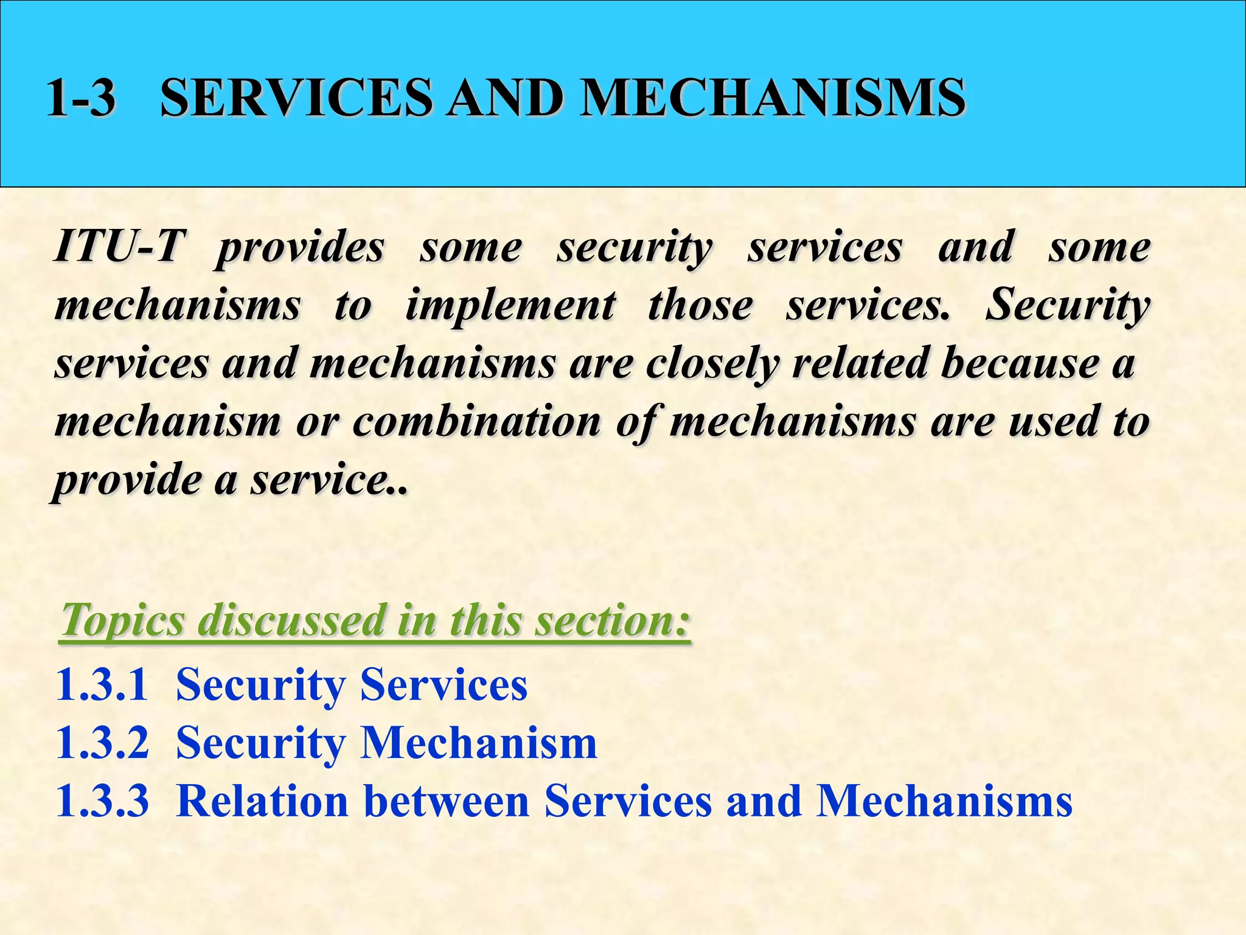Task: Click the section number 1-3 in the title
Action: pyautogui.click(x=81, y=97)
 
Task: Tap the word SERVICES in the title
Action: pyautogui.click(x=296, y=97)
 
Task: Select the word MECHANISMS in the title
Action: pyautogui.click(x=773, y=97)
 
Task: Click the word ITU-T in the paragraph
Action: pyautogui.click(x=118, y=247)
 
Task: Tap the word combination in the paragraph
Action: pyautogui.click(x=476, y=421)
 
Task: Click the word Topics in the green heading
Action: pyautogui.click(x=122, y=620)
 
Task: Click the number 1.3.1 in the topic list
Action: pyautogui.click(x=102, y=685)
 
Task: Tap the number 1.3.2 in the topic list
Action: pyautogui.click(x=102, y=743)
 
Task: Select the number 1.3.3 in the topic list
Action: pyautogui.click(x=102, y=801)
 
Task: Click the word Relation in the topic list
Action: pyautogui.click(x=262, y=801)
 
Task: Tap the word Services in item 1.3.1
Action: pyautogui.click(x=444, y=685)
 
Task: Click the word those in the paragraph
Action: pyautogui.click(x=700, y=305)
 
